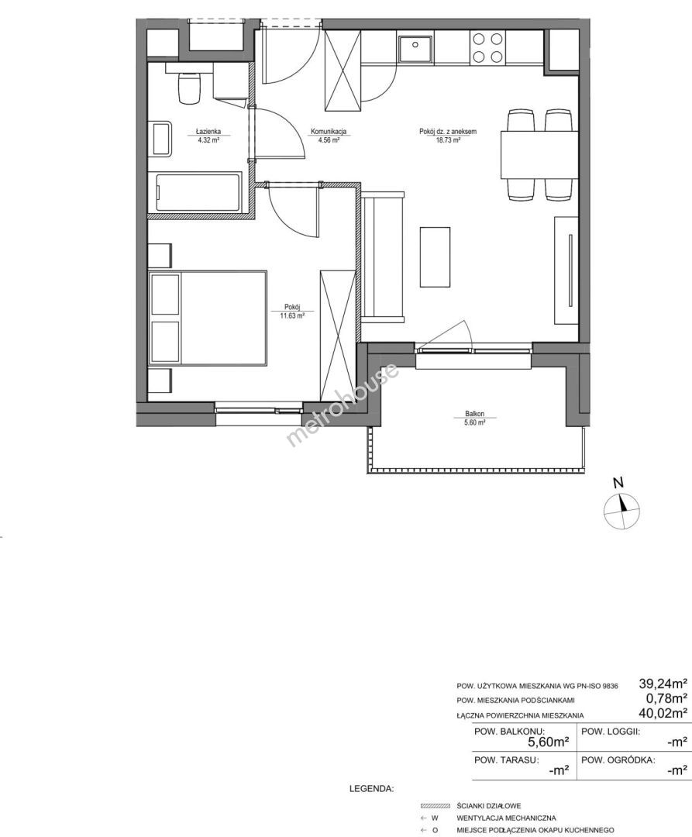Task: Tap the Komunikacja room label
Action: coord(329,131)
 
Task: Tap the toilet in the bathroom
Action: coord(189,88)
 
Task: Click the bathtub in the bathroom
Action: coord(198,192)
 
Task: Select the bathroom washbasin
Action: coord(162,139)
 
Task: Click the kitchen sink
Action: coord(415,46)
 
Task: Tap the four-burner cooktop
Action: coord(487,47)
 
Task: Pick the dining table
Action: coord(539,154)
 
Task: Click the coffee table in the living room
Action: coord(435,257)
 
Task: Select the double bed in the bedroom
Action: coord(208,319)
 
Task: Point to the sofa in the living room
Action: coord(383,257)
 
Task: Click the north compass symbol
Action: coord(621,511)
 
